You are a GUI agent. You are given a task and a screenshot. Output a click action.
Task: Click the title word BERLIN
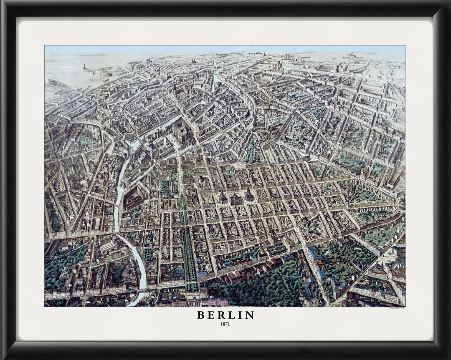(x=225, y=315)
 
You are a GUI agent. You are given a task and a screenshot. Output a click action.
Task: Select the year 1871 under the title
(x=225, y=324)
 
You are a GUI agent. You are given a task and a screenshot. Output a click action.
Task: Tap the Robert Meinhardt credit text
(x=397, y=308)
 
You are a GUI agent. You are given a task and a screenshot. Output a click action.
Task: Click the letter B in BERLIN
(x=200, y=315)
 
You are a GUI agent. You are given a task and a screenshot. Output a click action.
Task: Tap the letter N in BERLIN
(x=250, y=315)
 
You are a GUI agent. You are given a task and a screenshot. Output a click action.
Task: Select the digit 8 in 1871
(x=224, y=324)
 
